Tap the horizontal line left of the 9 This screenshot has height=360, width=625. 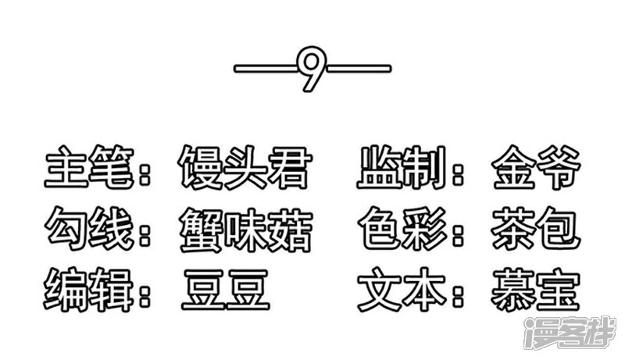[x=266, y=69]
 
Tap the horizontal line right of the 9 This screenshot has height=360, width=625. [x=359, y=69]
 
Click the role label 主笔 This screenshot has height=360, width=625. [x=89, y=167]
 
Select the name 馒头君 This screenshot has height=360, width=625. [x=245, y=167]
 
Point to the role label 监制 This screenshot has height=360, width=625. [x=401, y=167]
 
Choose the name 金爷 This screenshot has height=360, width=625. [x=536, y=167]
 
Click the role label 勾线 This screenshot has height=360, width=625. [x=89, y=229]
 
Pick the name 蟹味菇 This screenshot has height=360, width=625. [x=245, y=230]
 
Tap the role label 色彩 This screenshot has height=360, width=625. [x=402, y=229]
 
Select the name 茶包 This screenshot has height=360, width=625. [x=536, y=229]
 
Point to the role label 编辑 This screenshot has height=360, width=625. [x=88, y=290]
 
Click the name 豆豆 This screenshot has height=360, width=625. [x=226, y=290]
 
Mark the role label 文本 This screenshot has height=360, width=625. [x=402, y=290]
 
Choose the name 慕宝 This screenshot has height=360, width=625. [x=536, y=290]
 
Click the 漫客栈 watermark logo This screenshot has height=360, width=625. [x=570, y=333]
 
